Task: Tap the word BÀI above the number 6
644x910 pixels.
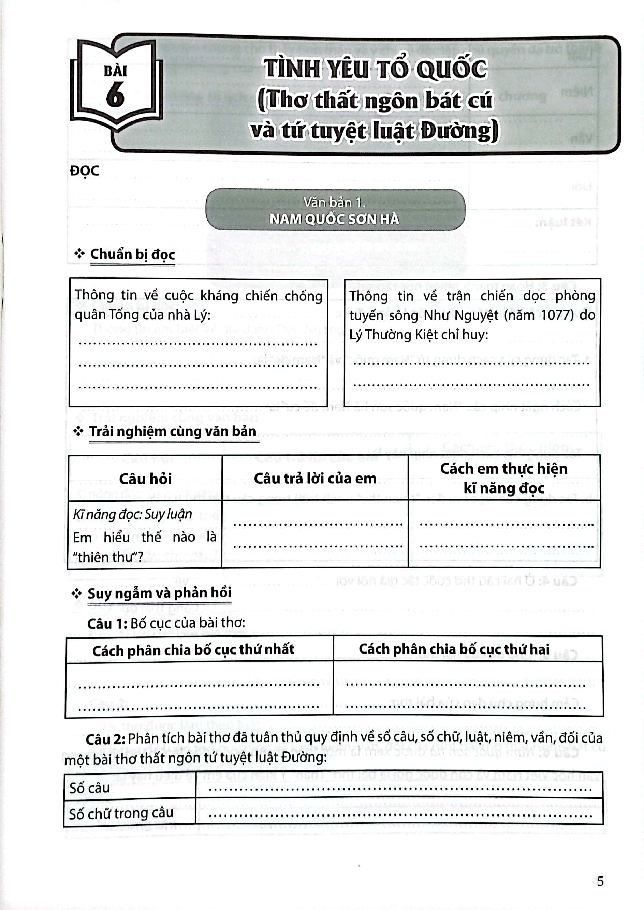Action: (x=115, y=71)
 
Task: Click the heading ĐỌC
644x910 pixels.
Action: (x=84, y=171)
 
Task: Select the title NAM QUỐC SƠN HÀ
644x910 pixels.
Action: (x=334, y=219)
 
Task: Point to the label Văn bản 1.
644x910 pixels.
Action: (x=334, y=203)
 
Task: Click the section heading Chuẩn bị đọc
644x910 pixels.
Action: (x=132, y=254)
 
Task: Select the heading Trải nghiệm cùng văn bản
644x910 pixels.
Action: (x=173, y=431)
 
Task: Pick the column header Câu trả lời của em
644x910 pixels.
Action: (x=315, y=479)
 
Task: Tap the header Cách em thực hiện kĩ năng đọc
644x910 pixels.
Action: (x=503, y=478)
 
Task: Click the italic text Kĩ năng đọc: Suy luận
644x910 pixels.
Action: (x=132, y=514)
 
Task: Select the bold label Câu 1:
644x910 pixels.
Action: (x=107, y=624)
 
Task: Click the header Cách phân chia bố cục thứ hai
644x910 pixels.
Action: (x=454, y=649)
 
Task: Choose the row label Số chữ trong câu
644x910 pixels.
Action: (x=121, y=814)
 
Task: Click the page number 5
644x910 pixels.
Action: (x=600, y=881)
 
